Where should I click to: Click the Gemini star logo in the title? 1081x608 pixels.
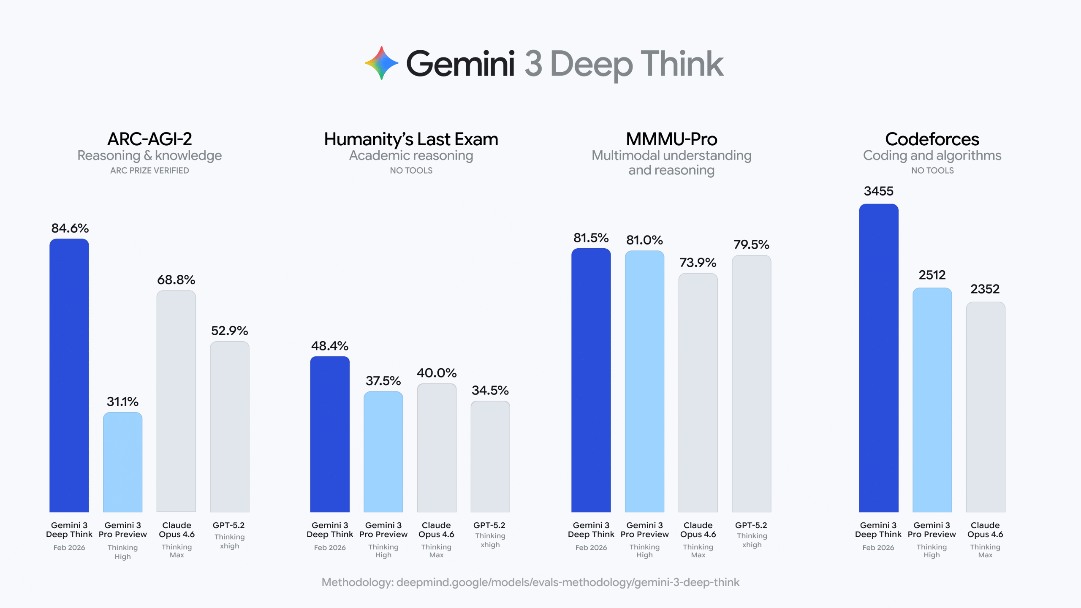click(x=381, y=63)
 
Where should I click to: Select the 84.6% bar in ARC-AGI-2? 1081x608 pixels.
click(x=69, y=376)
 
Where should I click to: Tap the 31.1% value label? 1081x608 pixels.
click(x=122, y=402)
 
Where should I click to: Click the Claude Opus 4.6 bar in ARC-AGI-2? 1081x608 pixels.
click(x=176, y=401)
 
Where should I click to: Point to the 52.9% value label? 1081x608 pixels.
click(x=229, y=331)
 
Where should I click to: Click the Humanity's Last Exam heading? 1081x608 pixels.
click(x=411, y=139)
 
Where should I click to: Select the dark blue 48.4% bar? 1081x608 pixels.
click(x=330, y=435)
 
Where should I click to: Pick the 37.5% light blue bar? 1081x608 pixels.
click(x=383, y=452)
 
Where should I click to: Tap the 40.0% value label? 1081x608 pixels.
click(x=437, y=373)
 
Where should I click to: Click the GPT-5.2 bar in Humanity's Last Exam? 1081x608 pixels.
click(x=490, y=456)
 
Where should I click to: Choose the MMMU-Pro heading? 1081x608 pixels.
click(x=671, y=139)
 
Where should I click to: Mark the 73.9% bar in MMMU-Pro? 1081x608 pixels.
click(x=698, y=393)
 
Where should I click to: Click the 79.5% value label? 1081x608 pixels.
click(x=751, y=244)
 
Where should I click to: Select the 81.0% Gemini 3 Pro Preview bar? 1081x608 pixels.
click(x=644, y=380)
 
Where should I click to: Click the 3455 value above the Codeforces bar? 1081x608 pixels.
click(x=878, y=191)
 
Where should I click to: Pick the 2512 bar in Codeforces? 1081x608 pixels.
click(x=932, y=401)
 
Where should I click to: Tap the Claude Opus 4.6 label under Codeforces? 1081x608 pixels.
click(x=985, y=530)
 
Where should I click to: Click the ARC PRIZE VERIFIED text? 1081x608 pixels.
click(x=149, y=171)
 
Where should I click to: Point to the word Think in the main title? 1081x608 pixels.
click(x=682, y=64)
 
